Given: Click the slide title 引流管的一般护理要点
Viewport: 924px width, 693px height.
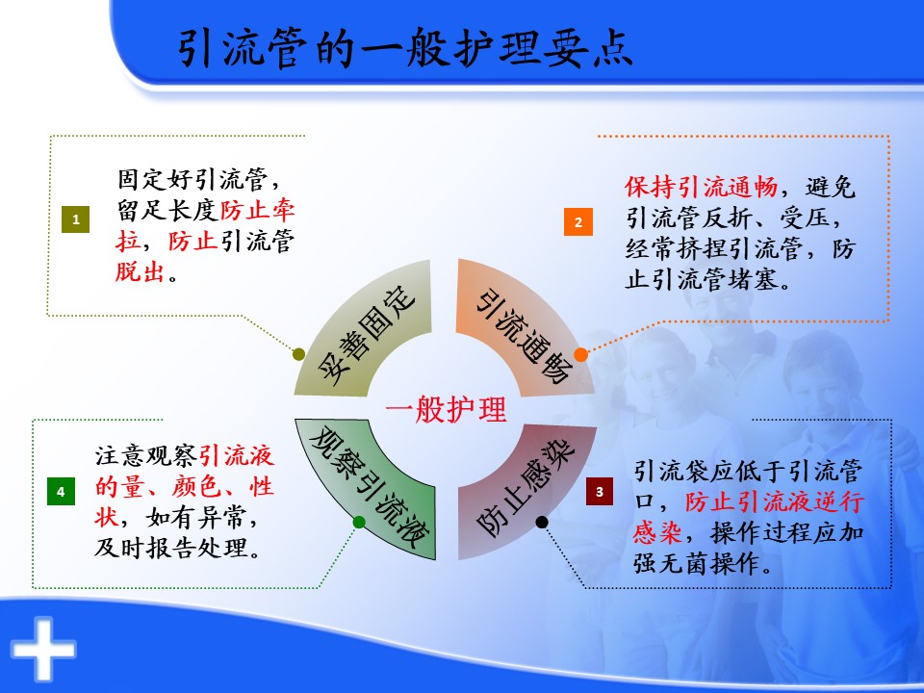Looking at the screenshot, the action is point(405,48).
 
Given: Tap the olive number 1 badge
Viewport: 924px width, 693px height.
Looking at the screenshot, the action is point(75,219).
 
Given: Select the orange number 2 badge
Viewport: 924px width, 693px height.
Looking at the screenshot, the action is point(578,221).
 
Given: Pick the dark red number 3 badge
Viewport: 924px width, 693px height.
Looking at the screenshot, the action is point(600,492).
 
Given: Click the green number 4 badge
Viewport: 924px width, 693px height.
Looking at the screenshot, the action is point(61,492).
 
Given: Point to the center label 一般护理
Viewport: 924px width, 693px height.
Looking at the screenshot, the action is point(446,409).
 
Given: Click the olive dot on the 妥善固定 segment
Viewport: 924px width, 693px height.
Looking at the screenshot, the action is point(298,354).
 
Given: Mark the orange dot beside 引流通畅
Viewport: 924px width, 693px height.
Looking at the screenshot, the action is point(580,354).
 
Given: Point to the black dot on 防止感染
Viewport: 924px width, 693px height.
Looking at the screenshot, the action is point(542,522).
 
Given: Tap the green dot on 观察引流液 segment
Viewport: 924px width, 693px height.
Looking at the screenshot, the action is point(359,522).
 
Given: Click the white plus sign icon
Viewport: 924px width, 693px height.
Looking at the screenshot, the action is point(43,650).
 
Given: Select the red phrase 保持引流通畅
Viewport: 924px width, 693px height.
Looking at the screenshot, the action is point(702,187).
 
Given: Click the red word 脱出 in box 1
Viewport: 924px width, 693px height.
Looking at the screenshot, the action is point(140,271).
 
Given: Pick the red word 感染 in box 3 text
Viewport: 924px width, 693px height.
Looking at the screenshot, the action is point(657,532).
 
